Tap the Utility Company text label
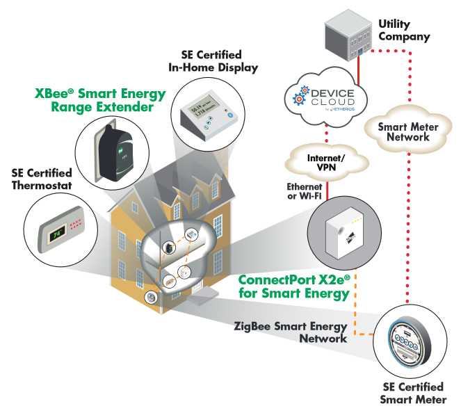point(404,30)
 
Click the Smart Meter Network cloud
point(403,132)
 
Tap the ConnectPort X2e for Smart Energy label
point(293,286)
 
